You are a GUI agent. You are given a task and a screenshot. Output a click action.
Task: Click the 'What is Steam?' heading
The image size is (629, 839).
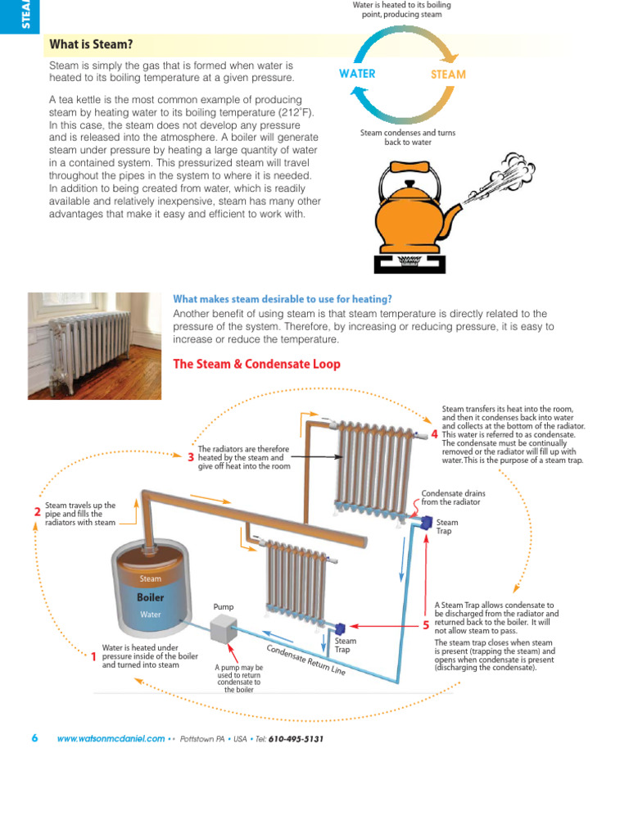tap(91, 44)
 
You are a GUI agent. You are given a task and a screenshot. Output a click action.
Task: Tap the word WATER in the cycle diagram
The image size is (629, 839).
tap(357, 74)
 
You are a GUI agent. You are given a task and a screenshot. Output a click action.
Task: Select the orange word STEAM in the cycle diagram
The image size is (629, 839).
tap(448, 75)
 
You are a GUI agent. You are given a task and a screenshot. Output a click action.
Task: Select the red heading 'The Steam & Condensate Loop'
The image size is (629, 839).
tap(256, 364)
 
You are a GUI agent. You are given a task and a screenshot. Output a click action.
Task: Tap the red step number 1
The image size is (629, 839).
tap(93, 656)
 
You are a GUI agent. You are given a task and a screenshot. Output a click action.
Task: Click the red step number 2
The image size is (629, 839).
tap(37, 512)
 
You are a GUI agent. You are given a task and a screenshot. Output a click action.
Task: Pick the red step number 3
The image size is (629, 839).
tap(191, 457)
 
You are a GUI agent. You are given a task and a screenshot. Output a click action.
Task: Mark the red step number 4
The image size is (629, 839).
tap(434, 433)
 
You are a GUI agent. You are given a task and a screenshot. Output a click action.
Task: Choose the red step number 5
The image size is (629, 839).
tap(426, 625)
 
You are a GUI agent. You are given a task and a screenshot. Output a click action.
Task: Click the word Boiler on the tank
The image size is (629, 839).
tap(151, 597)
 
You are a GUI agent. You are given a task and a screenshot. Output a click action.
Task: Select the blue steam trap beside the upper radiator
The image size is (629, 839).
tap(425, 522)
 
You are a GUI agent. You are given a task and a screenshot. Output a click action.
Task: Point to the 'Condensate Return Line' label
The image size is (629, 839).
tap(306, 656)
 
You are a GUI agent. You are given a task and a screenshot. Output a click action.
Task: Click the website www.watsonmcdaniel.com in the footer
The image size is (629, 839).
tap(111, 738)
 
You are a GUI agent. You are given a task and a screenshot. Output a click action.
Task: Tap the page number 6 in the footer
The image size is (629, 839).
tap(34, 737)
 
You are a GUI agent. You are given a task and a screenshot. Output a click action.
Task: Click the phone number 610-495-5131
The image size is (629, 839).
tap(296, 738)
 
